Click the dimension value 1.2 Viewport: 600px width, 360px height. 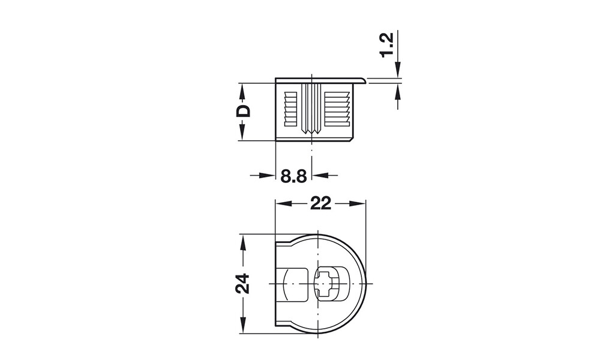(x=388, y=46)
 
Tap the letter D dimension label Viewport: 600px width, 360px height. (x=242, y=111)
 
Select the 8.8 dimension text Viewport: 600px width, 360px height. (x=293, y=176)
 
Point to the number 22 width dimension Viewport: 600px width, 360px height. (x=320, y=203)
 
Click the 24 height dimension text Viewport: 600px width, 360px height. (x=242, y=283)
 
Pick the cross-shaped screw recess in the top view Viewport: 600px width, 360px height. (x=325, y=283)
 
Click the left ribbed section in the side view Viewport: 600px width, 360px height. (x=290, y=109)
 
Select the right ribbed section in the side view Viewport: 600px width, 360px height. (x=337, y=109)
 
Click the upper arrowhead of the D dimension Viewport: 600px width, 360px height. (x=242, y=88)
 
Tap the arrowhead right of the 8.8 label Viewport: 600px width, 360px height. (x=319, y=175)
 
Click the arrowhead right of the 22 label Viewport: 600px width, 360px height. (x=360, y=204)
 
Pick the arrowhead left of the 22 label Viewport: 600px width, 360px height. (x=281, y=204)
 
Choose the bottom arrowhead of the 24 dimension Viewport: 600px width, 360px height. (x=242, y=326)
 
